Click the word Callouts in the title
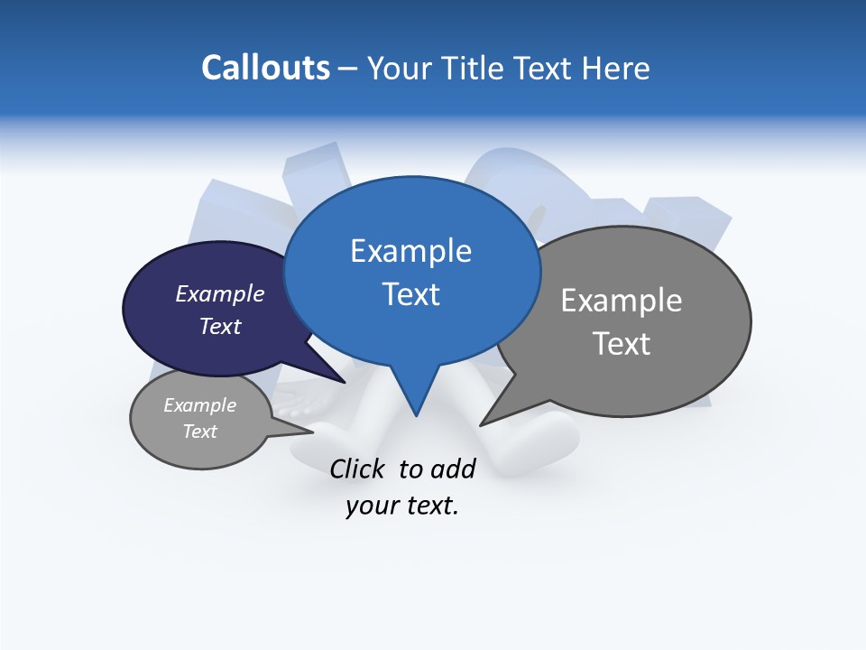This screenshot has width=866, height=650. click(265, 68)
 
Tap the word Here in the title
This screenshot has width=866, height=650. click(617, 69)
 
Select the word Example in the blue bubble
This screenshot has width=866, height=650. click(410, 251)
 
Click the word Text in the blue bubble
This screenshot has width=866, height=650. click(410, 294)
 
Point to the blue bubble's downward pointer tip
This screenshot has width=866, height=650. click(416, 415)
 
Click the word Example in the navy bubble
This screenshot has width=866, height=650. click(219, 293)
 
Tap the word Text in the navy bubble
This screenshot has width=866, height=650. click(219, 326)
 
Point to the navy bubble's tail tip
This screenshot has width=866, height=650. click(345, 382)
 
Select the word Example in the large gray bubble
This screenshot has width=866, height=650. click(622, 301)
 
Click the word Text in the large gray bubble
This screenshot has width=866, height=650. click(622, 344)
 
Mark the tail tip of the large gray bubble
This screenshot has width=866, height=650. click(481, 424)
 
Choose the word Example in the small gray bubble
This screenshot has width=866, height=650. click(199, 405)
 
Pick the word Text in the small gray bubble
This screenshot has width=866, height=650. click(199, 432)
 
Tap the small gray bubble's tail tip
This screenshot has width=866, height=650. click(313, 432)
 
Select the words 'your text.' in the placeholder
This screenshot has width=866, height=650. click(402, 506)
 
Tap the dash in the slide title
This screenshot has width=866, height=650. click(348, 69)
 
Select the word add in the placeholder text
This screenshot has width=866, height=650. click(453, 469)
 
